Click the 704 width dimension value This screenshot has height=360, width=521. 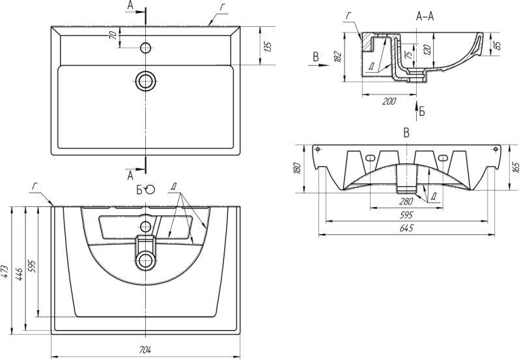point(145,350)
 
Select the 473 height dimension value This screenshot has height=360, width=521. point(5,271)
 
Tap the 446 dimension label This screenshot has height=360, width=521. point(19,273)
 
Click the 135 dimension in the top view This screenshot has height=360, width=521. point(268,46)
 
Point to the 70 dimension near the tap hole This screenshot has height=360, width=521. point(113,35)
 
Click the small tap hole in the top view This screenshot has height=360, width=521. point(145,48)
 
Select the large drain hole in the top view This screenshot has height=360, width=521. point(145,80)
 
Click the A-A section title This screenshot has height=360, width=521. point(425,16)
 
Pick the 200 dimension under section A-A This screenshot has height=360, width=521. point(389,101)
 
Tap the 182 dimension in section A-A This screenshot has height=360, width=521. point(337,57)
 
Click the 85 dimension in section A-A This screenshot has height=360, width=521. point(497,45)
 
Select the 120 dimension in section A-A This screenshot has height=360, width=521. point(428,49)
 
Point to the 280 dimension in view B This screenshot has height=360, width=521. point(406,201)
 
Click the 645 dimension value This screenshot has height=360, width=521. point(406,228)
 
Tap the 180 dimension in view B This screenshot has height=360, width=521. point(298,168)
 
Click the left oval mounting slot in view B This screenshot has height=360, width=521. point(370,158)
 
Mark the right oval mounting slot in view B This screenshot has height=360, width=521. point(443,158)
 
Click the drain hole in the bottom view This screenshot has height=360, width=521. point(145,260)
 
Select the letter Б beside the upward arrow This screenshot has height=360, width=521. point(421,111)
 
